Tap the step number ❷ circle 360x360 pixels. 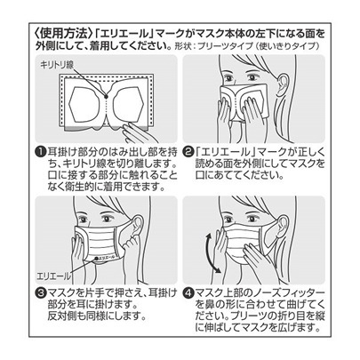pyautogui.click(x=190, y=151)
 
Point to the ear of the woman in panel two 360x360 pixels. pyautogui.click(x=295, y=86)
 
